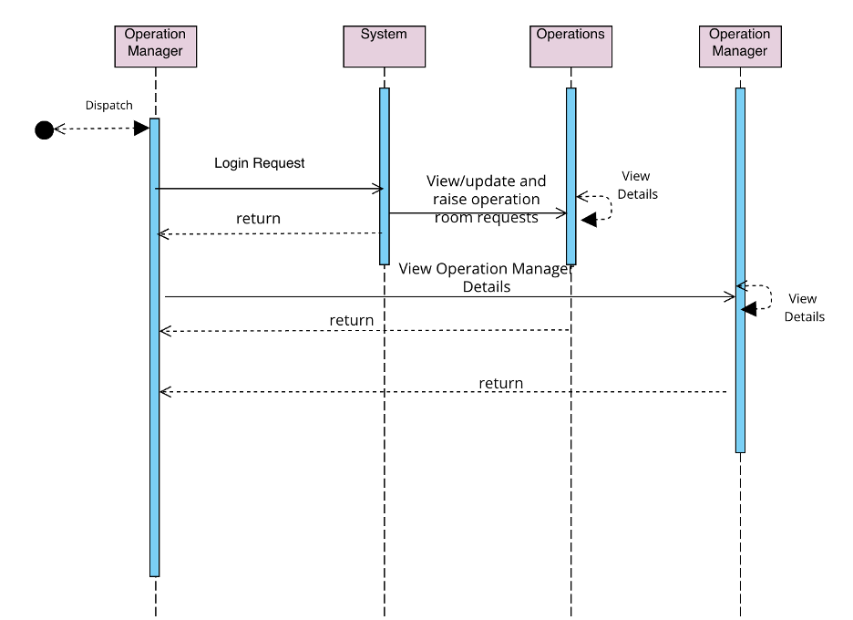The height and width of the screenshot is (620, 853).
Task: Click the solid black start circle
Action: [44, 129]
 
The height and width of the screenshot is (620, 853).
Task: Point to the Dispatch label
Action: [109, 105]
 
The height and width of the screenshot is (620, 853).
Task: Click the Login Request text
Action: [260, 163]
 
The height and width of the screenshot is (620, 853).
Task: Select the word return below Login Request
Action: [258, 219]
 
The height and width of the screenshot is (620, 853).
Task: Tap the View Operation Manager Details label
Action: [486, 277]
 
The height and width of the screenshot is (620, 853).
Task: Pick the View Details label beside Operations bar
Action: [637, 185]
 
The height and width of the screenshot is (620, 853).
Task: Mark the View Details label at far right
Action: [804, 307]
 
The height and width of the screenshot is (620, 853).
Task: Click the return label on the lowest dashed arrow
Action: [501, 383]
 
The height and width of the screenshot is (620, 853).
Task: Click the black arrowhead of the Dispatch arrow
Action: [141, 129]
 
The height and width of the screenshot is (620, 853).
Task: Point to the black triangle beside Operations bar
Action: [589, 219]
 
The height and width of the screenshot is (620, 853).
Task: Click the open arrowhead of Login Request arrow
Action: [377, 189]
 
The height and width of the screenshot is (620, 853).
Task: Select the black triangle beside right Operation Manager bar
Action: [748, 310]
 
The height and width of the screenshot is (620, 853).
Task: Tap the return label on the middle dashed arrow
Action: [352, 321]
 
